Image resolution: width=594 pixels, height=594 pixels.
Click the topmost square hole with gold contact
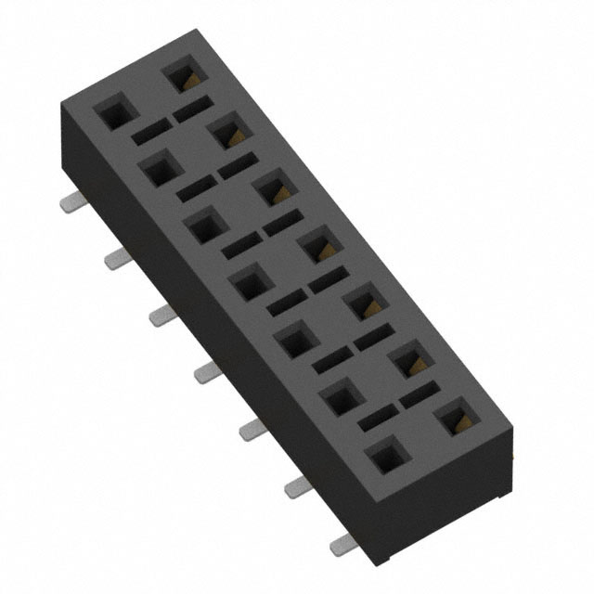pos(179,75)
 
